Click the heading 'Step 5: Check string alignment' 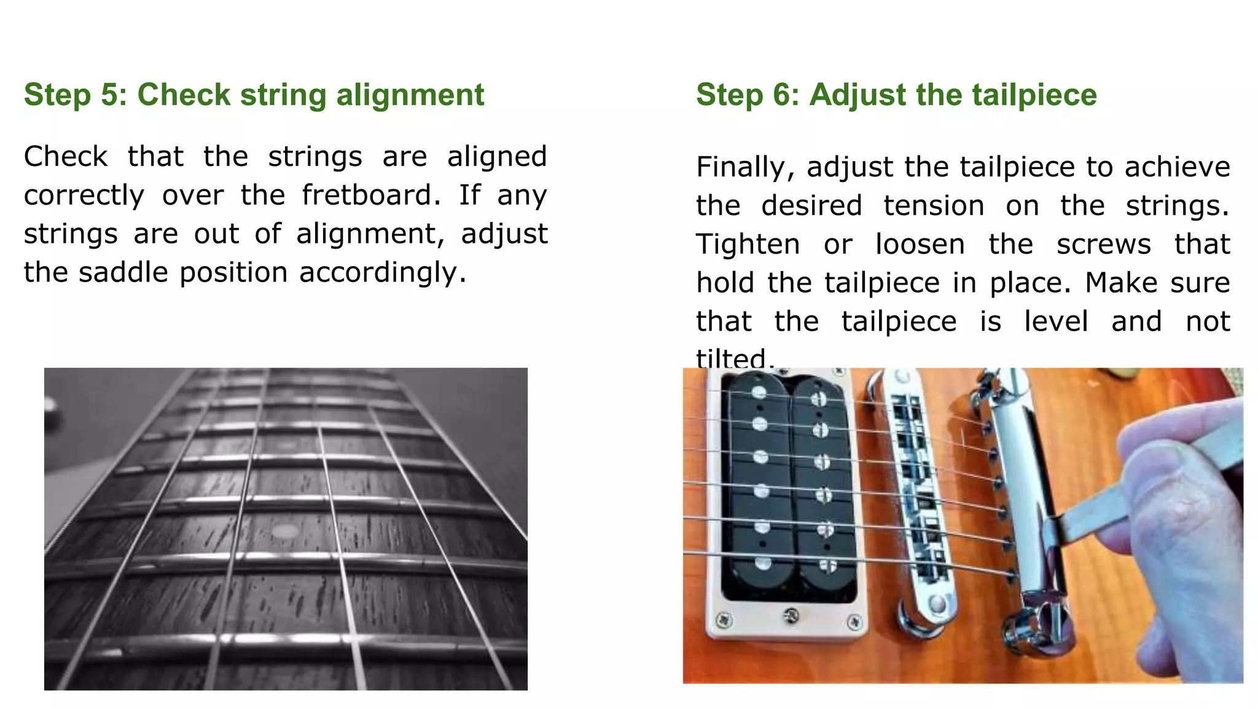coord(254,95)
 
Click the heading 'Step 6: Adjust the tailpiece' coord(896,95)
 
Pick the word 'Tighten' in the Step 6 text coord(748,245)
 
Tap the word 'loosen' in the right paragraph coord(920,245)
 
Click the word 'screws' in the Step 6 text coord(1103,245)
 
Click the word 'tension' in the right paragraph coord(934,206)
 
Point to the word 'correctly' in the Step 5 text coord(84,195)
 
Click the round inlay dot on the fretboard coord(284,531)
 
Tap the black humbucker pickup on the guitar coord(789,486)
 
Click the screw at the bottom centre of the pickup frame coord(792,614)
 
